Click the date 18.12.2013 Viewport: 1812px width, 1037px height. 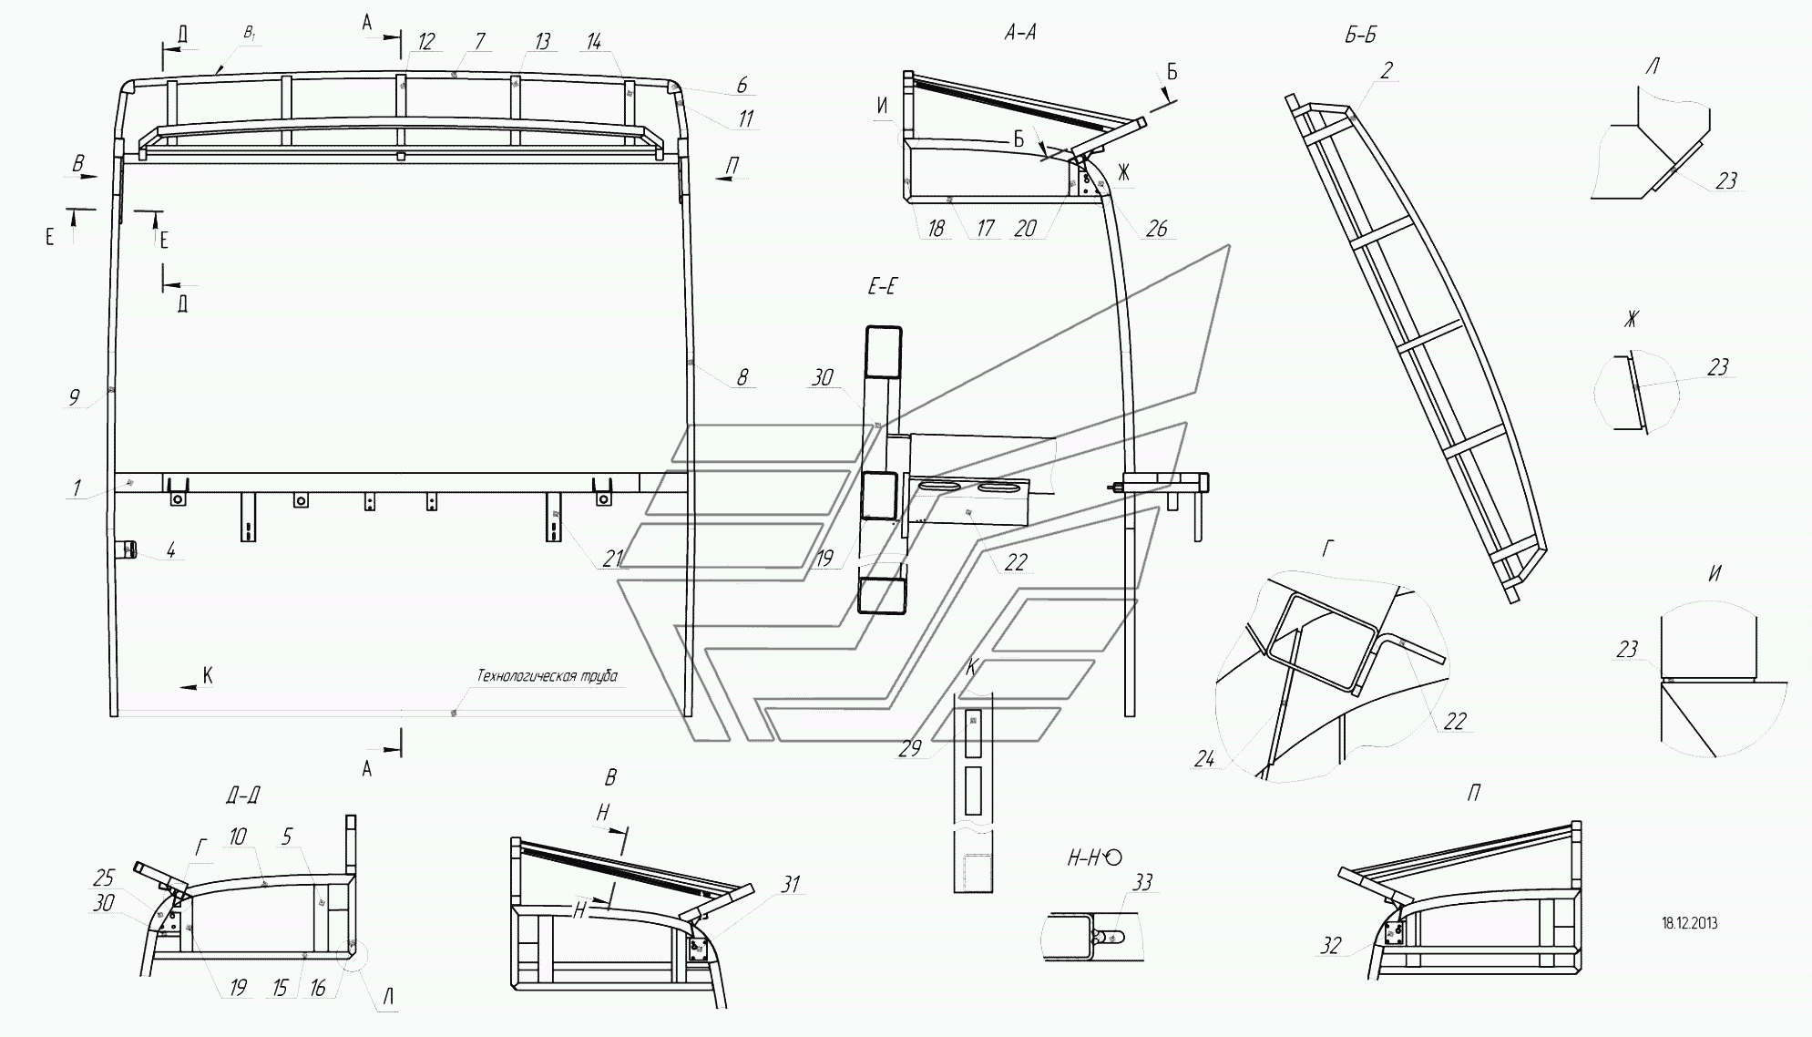pyautogui.click(x=1690, y=923)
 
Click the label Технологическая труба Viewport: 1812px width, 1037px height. pyautogui.click(x=547, y=675)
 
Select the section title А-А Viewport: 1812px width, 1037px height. pyautogui.click(x=1019, y=33)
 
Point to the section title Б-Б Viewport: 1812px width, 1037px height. pyautogui.click(x=1359, y=35)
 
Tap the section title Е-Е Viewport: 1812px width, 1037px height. pyautogui.click(x=881, y=287)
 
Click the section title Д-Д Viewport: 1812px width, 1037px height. pyautogui.click(x=242, y=796)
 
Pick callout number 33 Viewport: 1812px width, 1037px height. pyautogui.click(x=1142, y=882)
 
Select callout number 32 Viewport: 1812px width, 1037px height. pyautogui.click(x=1331, y=946)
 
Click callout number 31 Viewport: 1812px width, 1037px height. pyautogui.click(x=791, y=884)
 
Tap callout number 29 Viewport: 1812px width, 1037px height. pyautogui.click(x=910, y=748)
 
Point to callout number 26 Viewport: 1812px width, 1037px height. pyautogui.click(x=1156, y=228)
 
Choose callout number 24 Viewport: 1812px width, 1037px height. pyautogui.click(x=1204, y=757)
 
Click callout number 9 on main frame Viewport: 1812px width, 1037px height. pyautogui.click(x=75, y=397)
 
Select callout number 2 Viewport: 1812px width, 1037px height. pyautogui.click(x=1386, y=70)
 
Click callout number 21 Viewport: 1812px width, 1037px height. pyautogui.click(x=612, y=559)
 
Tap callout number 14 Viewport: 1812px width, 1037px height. pyautogui.click(x=594, y=42)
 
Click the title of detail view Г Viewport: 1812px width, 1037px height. pyautogui.click(x=1328, y=549)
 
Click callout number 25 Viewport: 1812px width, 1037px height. pyautogui.click(x=104, y=878)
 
